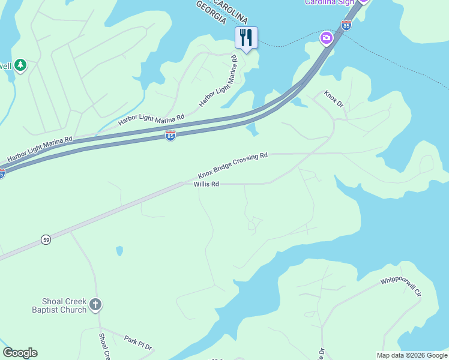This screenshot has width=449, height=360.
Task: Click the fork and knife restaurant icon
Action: point(246,38)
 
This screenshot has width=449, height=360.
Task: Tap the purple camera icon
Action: point(326,38)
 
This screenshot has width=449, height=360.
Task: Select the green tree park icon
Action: point(20,64)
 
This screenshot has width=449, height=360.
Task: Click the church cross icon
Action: point(95,305)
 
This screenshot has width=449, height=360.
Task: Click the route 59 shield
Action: point(46,240)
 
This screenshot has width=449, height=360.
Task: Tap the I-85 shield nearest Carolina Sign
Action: point(346,25)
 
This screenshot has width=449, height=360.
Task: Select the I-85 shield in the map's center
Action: point(170,136)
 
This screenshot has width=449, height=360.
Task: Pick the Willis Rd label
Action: point(205,184)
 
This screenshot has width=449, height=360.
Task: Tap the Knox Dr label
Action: point(333,99)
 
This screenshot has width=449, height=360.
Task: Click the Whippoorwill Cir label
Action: point(401,287)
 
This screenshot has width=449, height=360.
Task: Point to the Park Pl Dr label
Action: point(139,343)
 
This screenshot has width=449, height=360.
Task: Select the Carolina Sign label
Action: point(330,2)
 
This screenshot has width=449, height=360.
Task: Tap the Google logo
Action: point(20,353)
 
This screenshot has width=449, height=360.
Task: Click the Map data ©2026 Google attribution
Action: point(412,355)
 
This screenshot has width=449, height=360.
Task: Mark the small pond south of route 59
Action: point(119,250)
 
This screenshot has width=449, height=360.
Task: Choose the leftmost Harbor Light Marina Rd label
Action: point(40,149)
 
